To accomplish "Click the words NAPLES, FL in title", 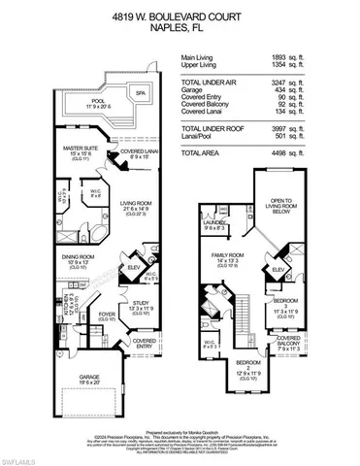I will (180, 29).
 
